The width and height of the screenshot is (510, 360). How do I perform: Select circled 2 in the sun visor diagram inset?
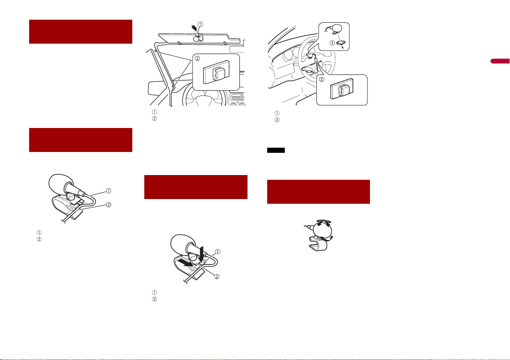click(x=197, y=60)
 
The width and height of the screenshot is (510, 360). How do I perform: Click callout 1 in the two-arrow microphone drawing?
click(x=218, y=251)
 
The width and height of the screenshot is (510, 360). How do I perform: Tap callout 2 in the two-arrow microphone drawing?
click(x=217, y=277)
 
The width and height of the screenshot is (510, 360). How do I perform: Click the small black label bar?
click(x=276, y=150)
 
